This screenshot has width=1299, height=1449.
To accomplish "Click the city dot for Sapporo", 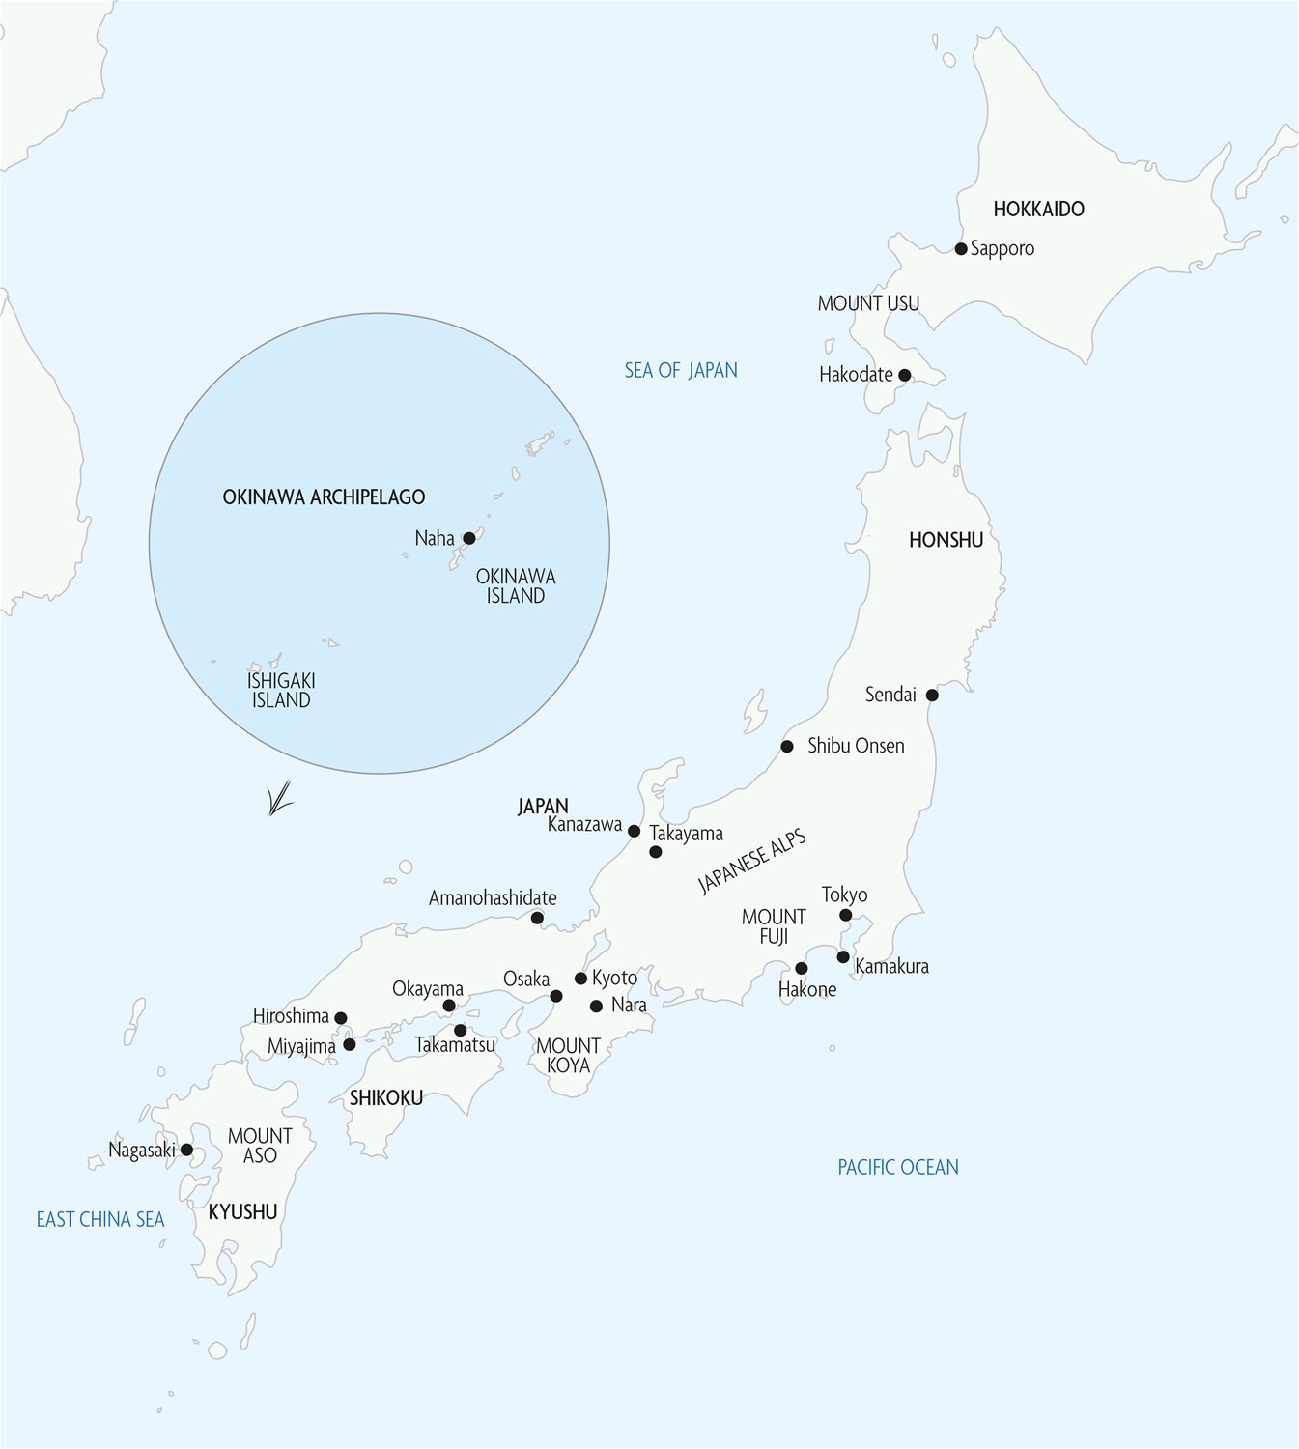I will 961,249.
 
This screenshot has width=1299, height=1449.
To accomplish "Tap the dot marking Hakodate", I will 904,375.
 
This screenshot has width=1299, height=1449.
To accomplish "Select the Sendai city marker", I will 932,695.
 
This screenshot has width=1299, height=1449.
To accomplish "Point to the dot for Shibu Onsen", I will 787,746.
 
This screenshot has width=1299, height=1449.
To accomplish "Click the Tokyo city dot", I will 845,915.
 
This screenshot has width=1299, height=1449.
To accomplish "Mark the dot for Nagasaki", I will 186,1150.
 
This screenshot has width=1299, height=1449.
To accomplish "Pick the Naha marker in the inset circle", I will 469,538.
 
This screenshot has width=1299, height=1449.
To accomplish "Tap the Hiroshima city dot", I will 340,1017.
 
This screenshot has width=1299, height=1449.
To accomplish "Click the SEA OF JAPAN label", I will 681,370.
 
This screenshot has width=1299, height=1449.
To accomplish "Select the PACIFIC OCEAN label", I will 898,1167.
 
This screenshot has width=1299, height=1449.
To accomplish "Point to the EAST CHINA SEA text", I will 100,1219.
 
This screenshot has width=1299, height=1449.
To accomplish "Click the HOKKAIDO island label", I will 1038,209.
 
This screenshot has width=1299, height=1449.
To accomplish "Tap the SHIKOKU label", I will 386,1097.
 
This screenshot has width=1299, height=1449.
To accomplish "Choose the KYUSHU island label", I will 243,1211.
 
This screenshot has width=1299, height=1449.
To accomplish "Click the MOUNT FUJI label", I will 774,925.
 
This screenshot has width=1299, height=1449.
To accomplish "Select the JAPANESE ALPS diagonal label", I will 751,860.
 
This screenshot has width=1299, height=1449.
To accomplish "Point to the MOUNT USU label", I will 868,303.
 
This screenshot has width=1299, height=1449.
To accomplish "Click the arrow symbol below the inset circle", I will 279,800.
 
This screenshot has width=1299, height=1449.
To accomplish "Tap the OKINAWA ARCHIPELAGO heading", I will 324,497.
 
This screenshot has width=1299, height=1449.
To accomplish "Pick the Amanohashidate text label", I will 493,898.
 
